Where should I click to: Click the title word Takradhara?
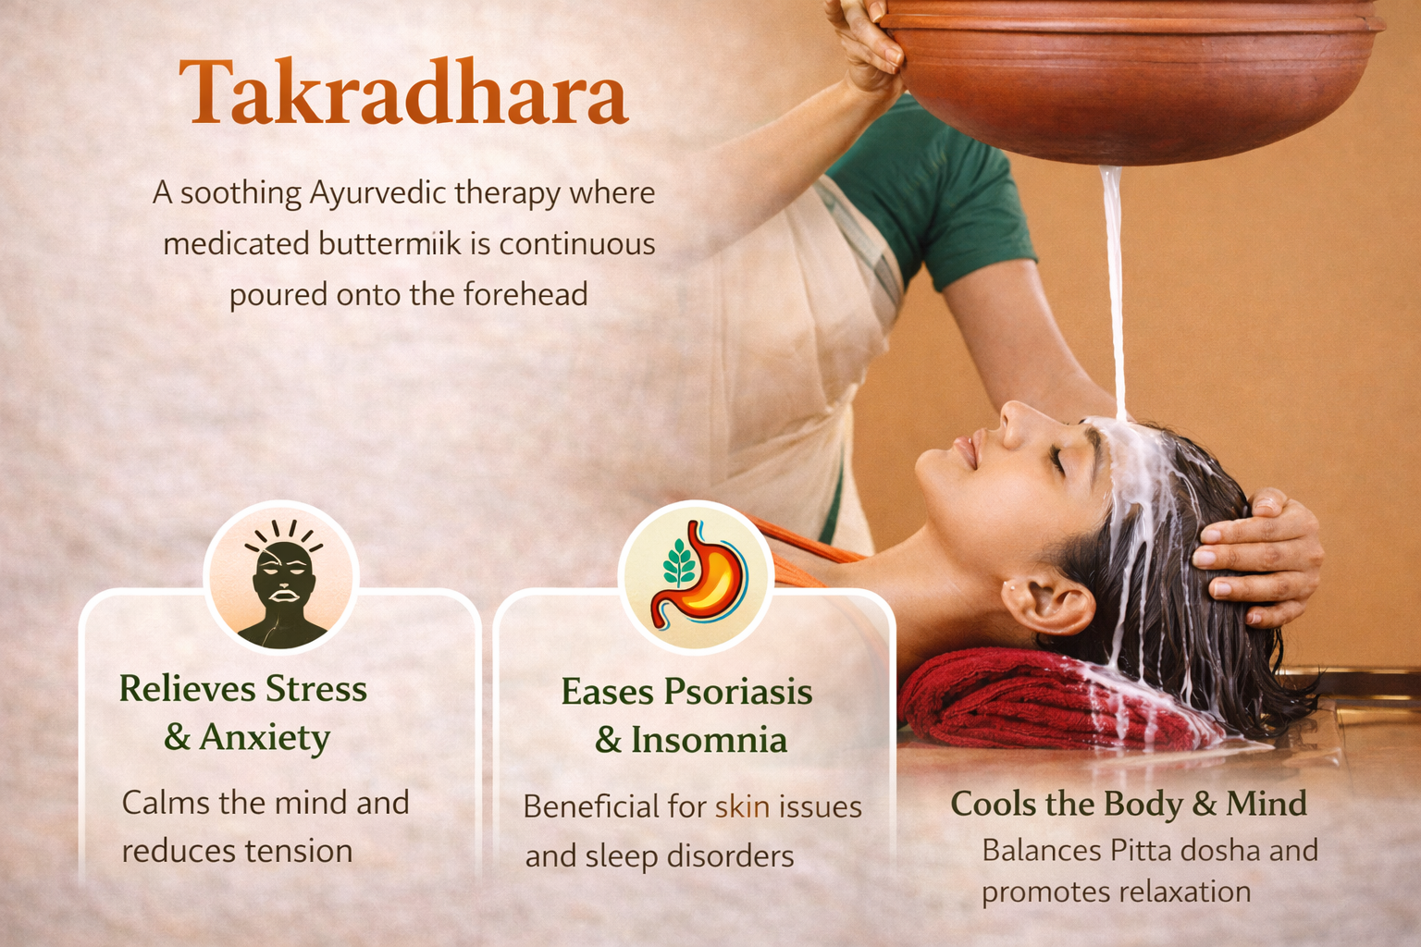(x=404, y=92)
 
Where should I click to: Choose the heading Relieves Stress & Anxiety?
(x=244, y=713)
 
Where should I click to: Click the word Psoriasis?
(x=737, y=692)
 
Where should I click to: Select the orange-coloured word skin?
(x=742, y=806)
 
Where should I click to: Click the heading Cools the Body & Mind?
(x=1128, y=804)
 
